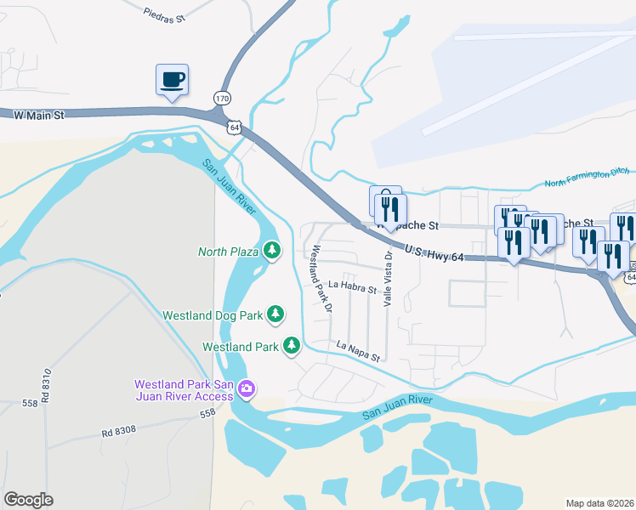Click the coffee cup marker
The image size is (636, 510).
click(172, 81)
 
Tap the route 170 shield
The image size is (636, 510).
click(222, 99)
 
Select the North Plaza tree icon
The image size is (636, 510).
click(272, 251)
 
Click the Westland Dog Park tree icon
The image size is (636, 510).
click(275, 314)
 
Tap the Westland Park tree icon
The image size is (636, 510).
click(292, 346)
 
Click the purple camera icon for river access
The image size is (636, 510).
click(247, 389)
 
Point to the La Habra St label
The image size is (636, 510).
click(352, 287)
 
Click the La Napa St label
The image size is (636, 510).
click(358, 350)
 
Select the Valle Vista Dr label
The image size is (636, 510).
click(388, 279)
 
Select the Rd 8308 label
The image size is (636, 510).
click(118, 432)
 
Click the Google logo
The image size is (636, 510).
click(29, 500)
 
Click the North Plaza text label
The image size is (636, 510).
click(228, 252)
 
